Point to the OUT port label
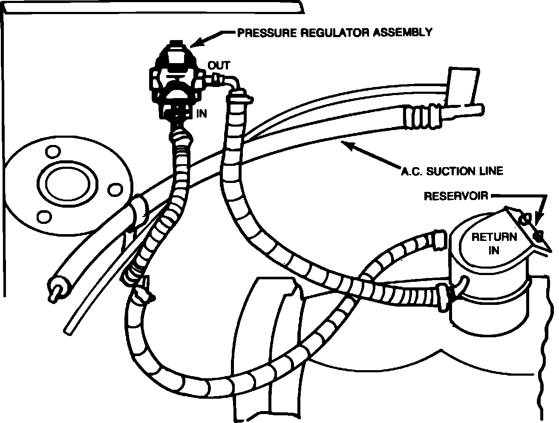click(x=219, y=65)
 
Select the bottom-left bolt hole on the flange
click(x=43, y=217)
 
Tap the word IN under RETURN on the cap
click(x=494, y=250)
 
